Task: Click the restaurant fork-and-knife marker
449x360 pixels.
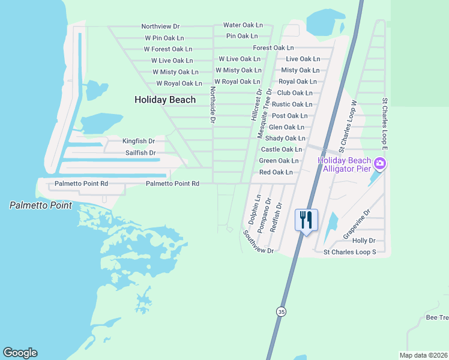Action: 306,220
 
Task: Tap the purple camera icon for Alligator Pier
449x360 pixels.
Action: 379,163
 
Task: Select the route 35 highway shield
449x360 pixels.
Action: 282,311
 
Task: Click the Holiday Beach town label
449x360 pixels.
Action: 165,100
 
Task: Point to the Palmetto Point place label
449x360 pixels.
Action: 40,206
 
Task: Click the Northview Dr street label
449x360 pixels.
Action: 160,26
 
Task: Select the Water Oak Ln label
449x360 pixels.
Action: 243,25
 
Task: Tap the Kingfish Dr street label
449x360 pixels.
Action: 139,141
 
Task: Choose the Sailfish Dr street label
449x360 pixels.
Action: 140,153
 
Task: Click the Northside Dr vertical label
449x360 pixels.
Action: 212,104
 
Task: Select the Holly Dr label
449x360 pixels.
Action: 364,241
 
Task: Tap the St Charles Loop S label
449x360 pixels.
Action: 349,252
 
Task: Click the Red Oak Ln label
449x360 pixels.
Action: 276,172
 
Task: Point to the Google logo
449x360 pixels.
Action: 20,353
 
